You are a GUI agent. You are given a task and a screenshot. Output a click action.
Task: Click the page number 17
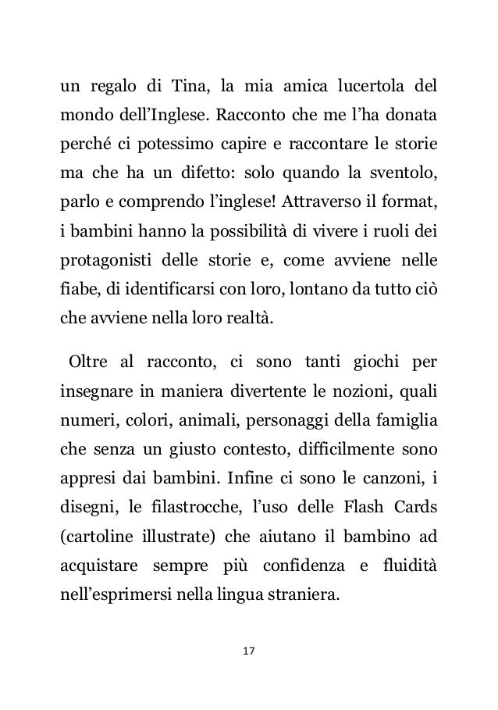pos(250,650)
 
